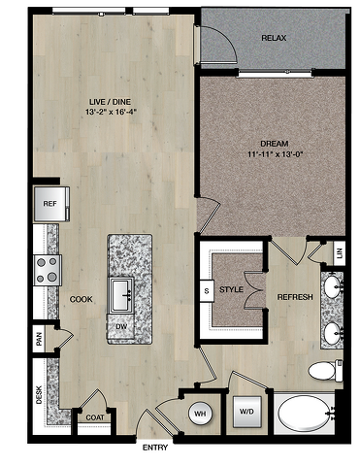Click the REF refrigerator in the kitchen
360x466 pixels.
pyautogui.click(x=51, y=204)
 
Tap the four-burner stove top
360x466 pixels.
pyautogui.click(x=48, y=270)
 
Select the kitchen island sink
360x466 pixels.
pyautogui.click(x=121, y=295)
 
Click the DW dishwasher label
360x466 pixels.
pyautogui.click(x=120, y=326)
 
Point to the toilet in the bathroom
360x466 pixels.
pyautogui.click(x=325, y=371)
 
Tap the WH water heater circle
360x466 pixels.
pyautogui.click(x=201, y=414)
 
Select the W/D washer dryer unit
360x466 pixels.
pyautogui.click(x=247, y=412)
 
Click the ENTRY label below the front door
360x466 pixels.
pyautogui.click(x=155, y=448)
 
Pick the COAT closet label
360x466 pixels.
pyautogui.click(x=95, y=417)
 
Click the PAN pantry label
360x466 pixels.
pyautogui.click(x=40, y=339)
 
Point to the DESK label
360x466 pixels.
pyautogui.click(x=39, y=395)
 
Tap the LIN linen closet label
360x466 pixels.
pyautogui.click(x=339, y=253)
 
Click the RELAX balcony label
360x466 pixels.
pyautogui.click(x=274, y=38)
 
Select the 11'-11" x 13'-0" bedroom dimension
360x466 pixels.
pyautogui.click(x=275, y=154)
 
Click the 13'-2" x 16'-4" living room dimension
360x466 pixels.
pyautogui.click(x=110, y=112)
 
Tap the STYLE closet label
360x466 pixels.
pyautogui.click(x=231, y=289)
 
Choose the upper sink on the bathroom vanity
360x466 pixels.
pyautogui.click(x=332, y=286)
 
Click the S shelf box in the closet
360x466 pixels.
pyautogui.click(x=207, y=290)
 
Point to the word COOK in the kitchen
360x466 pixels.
pyautogui.click(x=82, y=299)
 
